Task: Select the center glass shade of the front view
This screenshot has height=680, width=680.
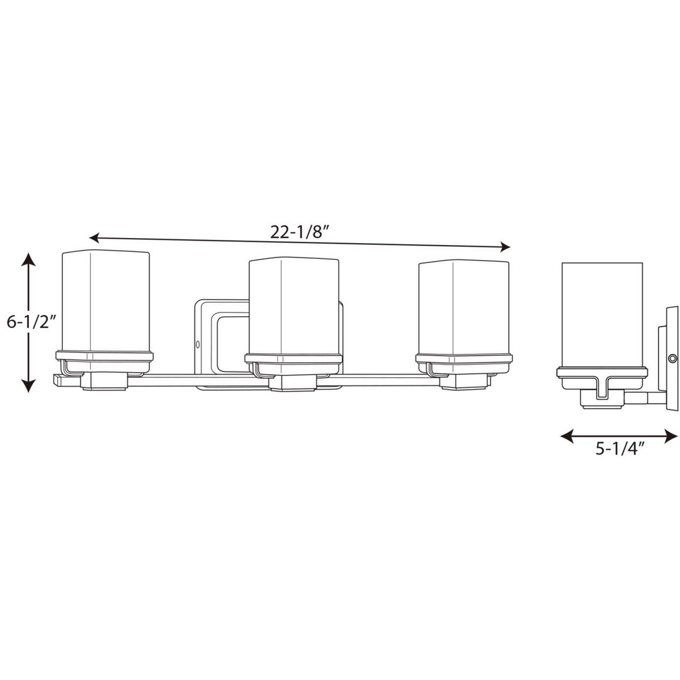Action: (x=293, y=306)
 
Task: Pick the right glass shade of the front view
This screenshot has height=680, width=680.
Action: (x=463, y=309)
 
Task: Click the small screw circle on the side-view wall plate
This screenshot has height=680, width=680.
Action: (x=672, y=358)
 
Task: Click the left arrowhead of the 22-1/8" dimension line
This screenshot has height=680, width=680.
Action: (x=94, y=238)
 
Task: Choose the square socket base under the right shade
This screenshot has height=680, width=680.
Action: (x=463, y=382)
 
